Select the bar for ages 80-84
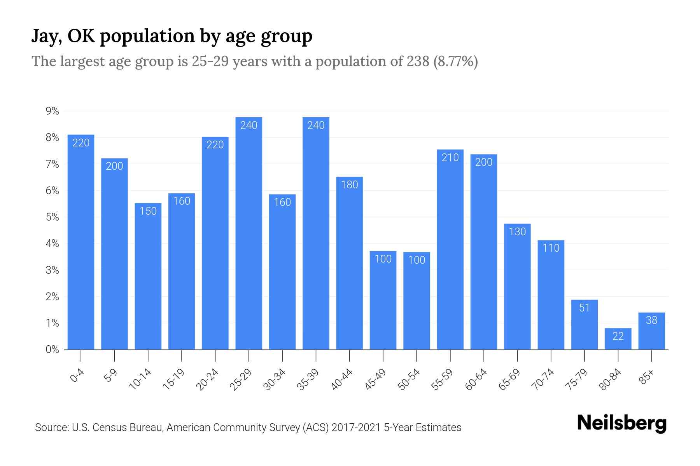[618, 339]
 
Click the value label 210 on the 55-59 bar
[450, 158]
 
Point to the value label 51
[584, 308]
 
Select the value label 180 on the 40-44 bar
[350, 185]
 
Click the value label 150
[148, 211]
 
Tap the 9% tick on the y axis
[52, 111]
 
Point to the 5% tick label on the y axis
[52, 217]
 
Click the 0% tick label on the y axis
[52, 349]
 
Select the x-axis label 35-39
[308, 379]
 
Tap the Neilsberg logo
[622, 423]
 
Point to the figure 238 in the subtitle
[418, 61]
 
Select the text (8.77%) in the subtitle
[455, 61]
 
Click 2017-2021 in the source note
[356, 428]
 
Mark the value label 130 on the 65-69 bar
[517, 232]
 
